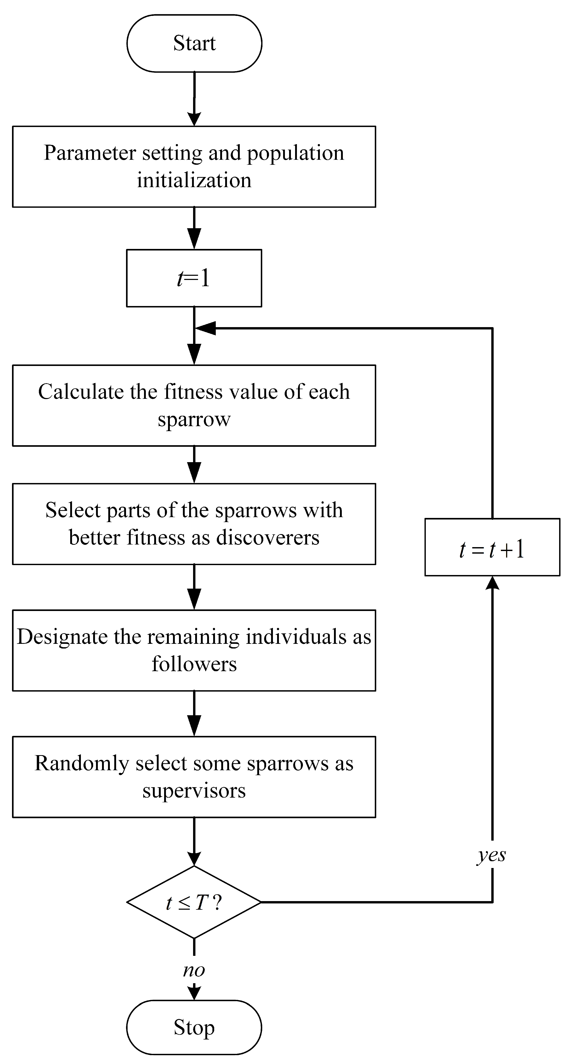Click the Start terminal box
[194, 43]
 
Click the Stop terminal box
[194, 1027]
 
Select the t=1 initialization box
[194, 278]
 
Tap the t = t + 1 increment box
[492, 547]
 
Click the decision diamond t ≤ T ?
[194, 902]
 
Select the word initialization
[194, 180]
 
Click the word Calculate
[81, 392]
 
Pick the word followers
[194, 664]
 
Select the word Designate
[62, 637]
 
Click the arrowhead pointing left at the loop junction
[205, 328]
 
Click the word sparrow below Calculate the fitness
[194, 419]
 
